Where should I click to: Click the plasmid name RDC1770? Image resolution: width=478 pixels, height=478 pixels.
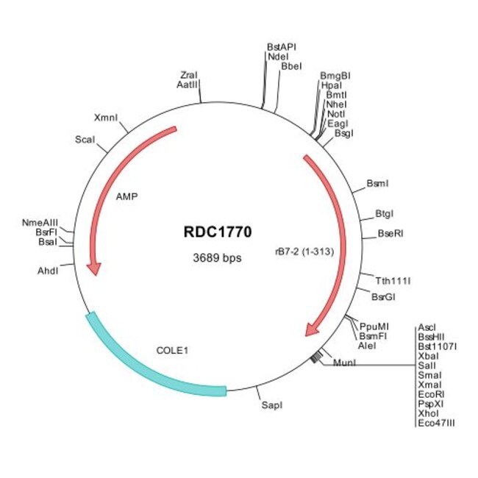218,232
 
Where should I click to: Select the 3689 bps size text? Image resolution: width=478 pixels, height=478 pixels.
218,258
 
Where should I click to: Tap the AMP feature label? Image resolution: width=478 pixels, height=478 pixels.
127,196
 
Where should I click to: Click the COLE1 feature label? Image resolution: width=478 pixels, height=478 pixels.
172,350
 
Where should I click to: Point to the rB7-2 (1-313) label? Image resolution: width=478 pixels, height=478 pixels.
304,252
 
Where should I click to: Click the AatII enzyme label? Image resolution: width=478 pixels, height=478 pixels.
187,85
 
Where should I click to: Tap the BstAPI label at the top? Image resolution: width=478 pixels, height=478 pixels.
282,46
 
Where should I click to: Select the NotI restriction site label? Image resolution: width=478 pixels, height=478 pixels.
335,114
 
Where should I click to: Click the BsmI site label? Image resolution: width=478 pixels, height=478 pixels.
377,182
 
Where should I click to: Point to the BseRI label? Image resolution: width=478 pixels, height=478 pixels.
390,234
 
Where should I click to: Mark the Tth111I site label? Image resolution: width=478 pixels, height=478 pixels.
393,280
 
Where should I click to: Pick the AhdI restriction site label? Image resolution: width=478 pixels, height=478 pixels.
48,271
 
